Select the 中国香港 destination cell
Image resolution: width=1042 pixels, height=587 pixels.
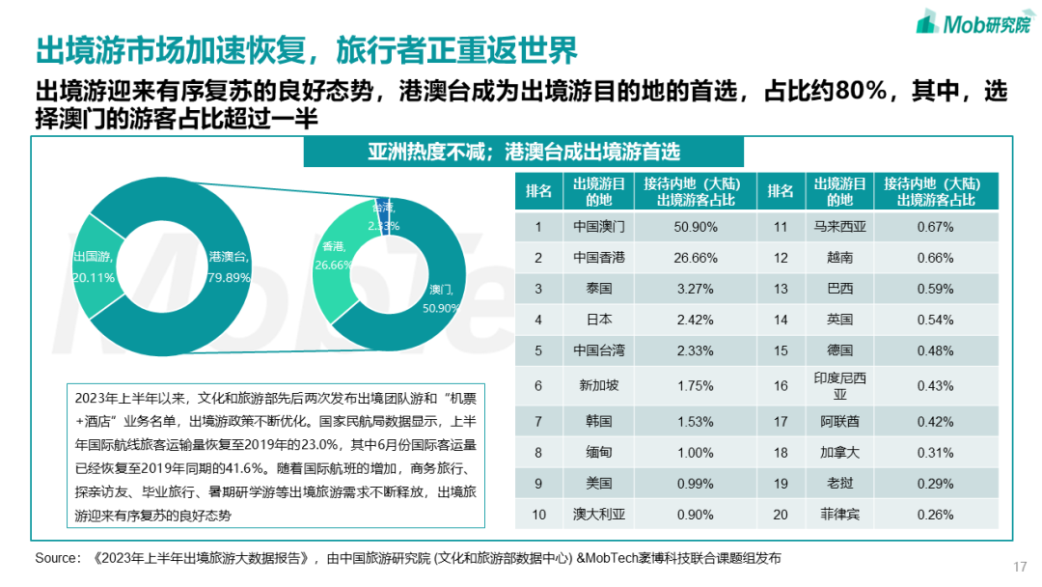tap(598, 258)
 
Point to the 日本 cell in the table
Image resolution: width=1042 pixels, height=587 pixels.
tap(598, 320)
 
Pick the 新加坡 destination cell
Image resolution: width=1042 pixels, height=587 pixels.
tap(598, 385)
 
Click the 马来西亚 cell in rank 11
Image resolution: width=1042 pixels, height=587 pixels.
tap(840, 227)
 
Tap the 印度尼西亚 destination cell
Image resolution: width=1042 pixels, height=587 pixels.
tap(840, 385)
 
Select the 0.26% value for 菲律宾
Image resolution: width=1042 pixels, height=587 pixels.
tap(935, 515)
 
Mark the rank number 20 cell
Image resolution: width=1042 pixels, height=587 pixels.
tap(781, 515)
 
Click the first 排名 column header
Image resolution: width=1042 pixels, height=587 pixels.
tap(538, 191)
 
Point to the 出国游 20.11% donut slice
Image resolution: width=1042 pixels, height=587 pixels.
tap(94, 266)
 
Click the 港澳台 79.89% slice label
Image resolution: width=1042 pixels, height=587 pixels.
tap(229, 266)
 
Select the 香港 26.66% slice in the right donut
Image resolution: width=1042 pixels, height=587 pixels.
tap(334, 257)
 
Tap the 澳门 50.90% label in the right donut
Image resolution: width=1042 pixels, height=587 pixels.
tap(440, 297)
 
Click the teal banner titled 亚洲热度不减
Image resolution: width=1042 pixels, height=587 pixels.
tap(523, 152)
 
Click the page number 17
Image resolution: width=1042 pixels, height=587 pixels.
tap(1020, 566)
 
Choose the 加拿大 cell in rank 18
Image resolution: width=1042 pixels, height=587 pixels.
tap(840, 453)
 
